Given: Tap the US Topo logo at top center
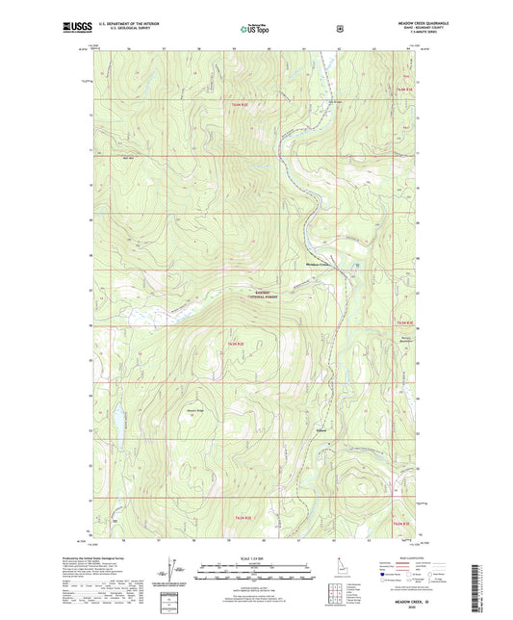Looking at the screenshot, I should tap(256, 29).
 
